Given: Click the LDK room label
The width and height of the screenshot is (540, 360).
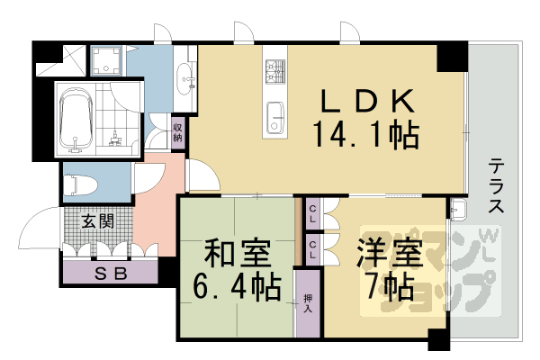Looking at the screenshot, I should (364, 98).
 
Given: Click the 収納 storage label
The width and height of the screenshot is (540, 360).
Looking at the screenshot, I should (178, 130).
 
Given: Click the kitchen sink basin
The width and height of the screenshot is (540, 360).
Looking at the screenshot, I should (274, 115).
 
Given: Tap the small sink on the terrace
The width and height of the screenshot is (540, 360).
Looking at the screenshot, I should (458, 210).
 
